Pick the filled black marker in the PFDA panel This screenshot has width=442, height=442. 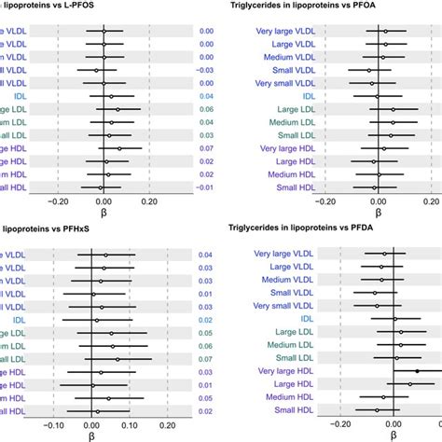coord(417,371)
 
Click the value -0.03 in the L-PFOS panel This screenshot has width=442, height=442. coord(206,70)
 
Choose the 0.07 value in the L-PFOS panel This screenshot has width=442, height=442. coord(206,147)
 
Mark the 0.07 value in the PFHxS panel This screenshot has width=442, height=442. coord(206,358)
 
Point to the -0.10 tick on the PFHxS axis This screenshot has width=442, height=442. coord(55,421)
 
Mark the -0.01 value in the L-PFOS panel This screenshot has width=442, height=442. coord(206,186)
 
